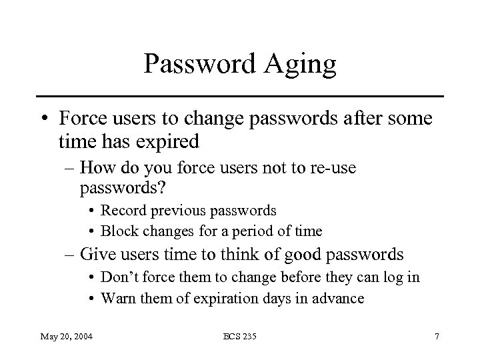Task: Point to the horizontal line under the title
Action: (x=239, y=96)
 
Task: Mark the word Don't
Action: (x=120, y=277)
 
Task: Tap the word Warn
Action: (x=118, y=298)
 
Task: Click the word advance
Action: (x=339, y=298)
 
